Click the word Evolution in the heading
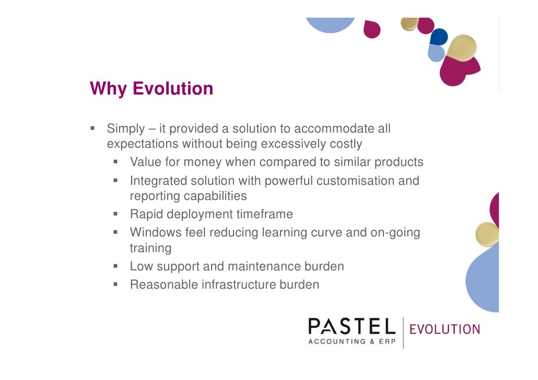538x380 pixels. point(173,88)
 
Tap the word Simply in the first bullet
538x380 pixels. point(125,129)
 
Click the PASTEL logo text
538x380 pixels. point(352,327)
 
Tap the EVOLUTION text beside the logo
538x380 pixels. point(445,329)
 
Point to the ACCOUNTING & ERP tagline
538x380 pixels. point(352,341)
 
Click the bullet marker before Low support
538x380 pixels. point(116,266)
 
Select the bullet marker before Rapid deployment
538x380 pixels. point(116,214)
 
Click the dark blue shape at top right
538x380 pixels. point(439,36)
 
